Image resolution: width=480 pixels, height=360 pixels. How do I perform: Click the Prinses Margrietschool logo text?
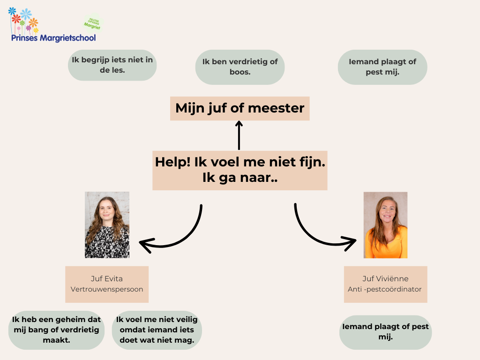pyautogui.click(x=53, y=37)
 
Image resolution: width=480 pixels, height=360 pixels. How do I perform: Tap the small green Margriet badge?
pyautogui.click(x=92, y=23)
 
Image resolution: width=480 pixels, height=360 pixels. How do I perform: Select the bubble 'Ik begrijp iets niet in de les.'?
pyautogui.click(x=112, y=65)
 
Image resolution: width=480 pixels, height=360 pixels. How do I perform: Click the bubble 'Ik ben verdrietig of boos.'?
pyautogui.click(x=240, y=67)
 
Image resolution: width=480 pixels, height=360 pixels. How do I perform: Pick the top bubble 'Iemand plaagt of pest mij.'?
pyautogui.click(x=382, y=67)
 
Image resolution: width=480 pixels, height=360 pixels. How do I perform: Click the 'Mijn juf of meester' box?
pyautogui.click(x=240, y=108)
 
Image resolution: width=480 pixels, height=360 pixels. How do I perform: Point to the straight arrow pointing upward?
pyautogui.click(x=240, y=135)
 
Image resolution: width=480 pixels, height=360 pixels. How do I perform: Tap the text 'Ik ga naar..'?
pyautogui.click(x=240, y=178)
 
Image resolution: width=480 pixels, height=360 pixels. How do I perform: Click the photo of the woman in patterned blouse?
pyautogui.click(x=107, y=225)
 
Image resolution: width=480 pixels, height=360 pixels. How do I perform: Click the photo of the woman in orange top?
pyautogui.click(x=385, y=225)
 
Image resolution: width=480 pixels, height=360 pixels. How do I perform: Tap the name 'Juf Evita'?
pyautogui.click(x=107, y=278)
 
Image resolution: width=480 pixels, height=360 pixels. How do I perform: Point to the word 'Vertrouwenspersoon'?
pyautogui.click(x=107, y=289)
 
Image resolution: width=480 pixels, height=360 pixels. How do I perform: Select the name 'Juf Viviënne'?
pyautogui.click(x=385, y=279)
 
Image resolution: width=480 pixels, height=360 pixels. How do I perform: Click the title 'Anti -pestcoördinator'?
pyautogui.click(x=385, y=289)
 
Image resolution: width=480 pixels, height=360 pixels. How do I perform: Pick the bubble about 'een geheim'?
pyautogui.click(x=56, y=330)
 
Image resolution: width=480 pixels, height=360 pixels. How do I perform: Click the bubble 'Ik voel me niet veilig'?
pyautogui.click(x=157, y=330)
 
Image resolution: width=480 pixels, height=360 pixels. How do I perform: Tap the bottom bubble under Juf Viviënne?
pyautogui.click(x=385, y=331)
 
